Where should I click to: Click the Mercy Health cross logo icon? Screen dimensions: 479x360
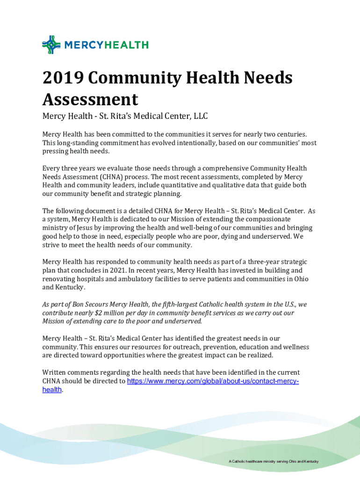(x=51, y=45)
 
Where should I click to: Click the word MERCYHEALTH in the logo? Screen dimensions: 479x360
(x=106, y=45)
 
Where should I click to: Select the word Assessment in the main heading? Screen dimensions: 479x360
(x=90, y=99)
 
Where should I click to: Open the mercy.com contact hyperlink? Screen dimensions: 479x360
(x=213, y=381)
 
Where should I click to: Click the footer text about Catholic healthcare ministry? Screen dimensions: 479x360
(x=274, y=462)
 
